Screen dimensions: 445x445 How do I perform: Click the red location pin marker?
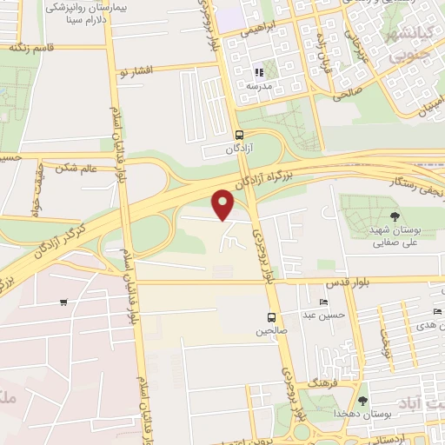[224, 203]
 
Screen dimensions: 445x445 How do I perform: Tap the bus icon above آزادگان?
[239, 135]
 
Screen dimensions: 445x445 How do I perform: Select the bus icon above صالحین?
[271, 317]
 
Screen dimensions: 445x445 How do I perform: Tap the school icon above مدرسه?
[257, 72]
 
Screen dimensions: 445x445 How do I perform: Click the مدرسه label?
[257, 86]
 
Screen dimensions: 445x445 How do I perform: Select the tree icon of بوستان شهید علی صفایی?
[395, 216]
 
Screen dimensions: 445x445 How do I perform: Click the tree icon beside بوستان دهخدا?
[362, 400]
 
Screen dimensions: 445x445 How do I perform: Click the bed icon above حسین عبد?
[323, 302]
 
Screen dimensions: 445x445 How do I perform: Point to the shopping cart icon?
[63, 302]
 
